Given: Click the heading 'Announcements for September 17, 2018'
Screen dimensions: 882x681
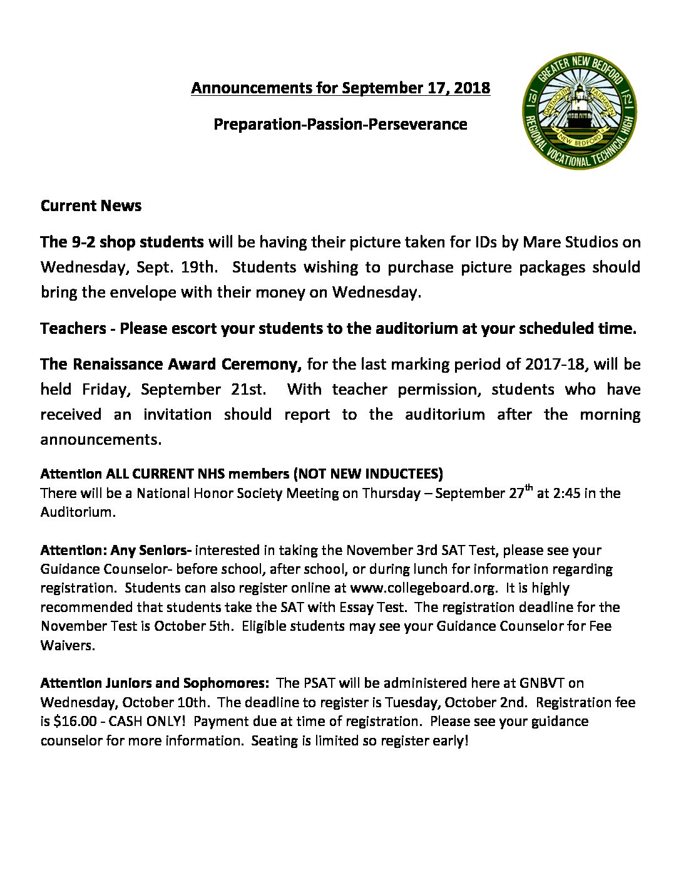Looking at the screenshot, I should point(340,88).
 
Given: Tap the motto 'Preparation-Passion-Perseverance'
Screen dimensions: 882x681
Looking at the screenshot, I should point(340,124).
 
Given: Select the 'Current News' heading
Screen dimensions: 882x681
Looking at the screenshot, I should point(91,205).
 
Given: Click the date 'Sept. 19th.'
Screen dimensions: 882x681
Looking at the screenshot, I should point(178,267).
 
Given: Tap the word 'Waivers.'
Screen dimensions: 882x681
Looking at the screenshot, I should point(68,645).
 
